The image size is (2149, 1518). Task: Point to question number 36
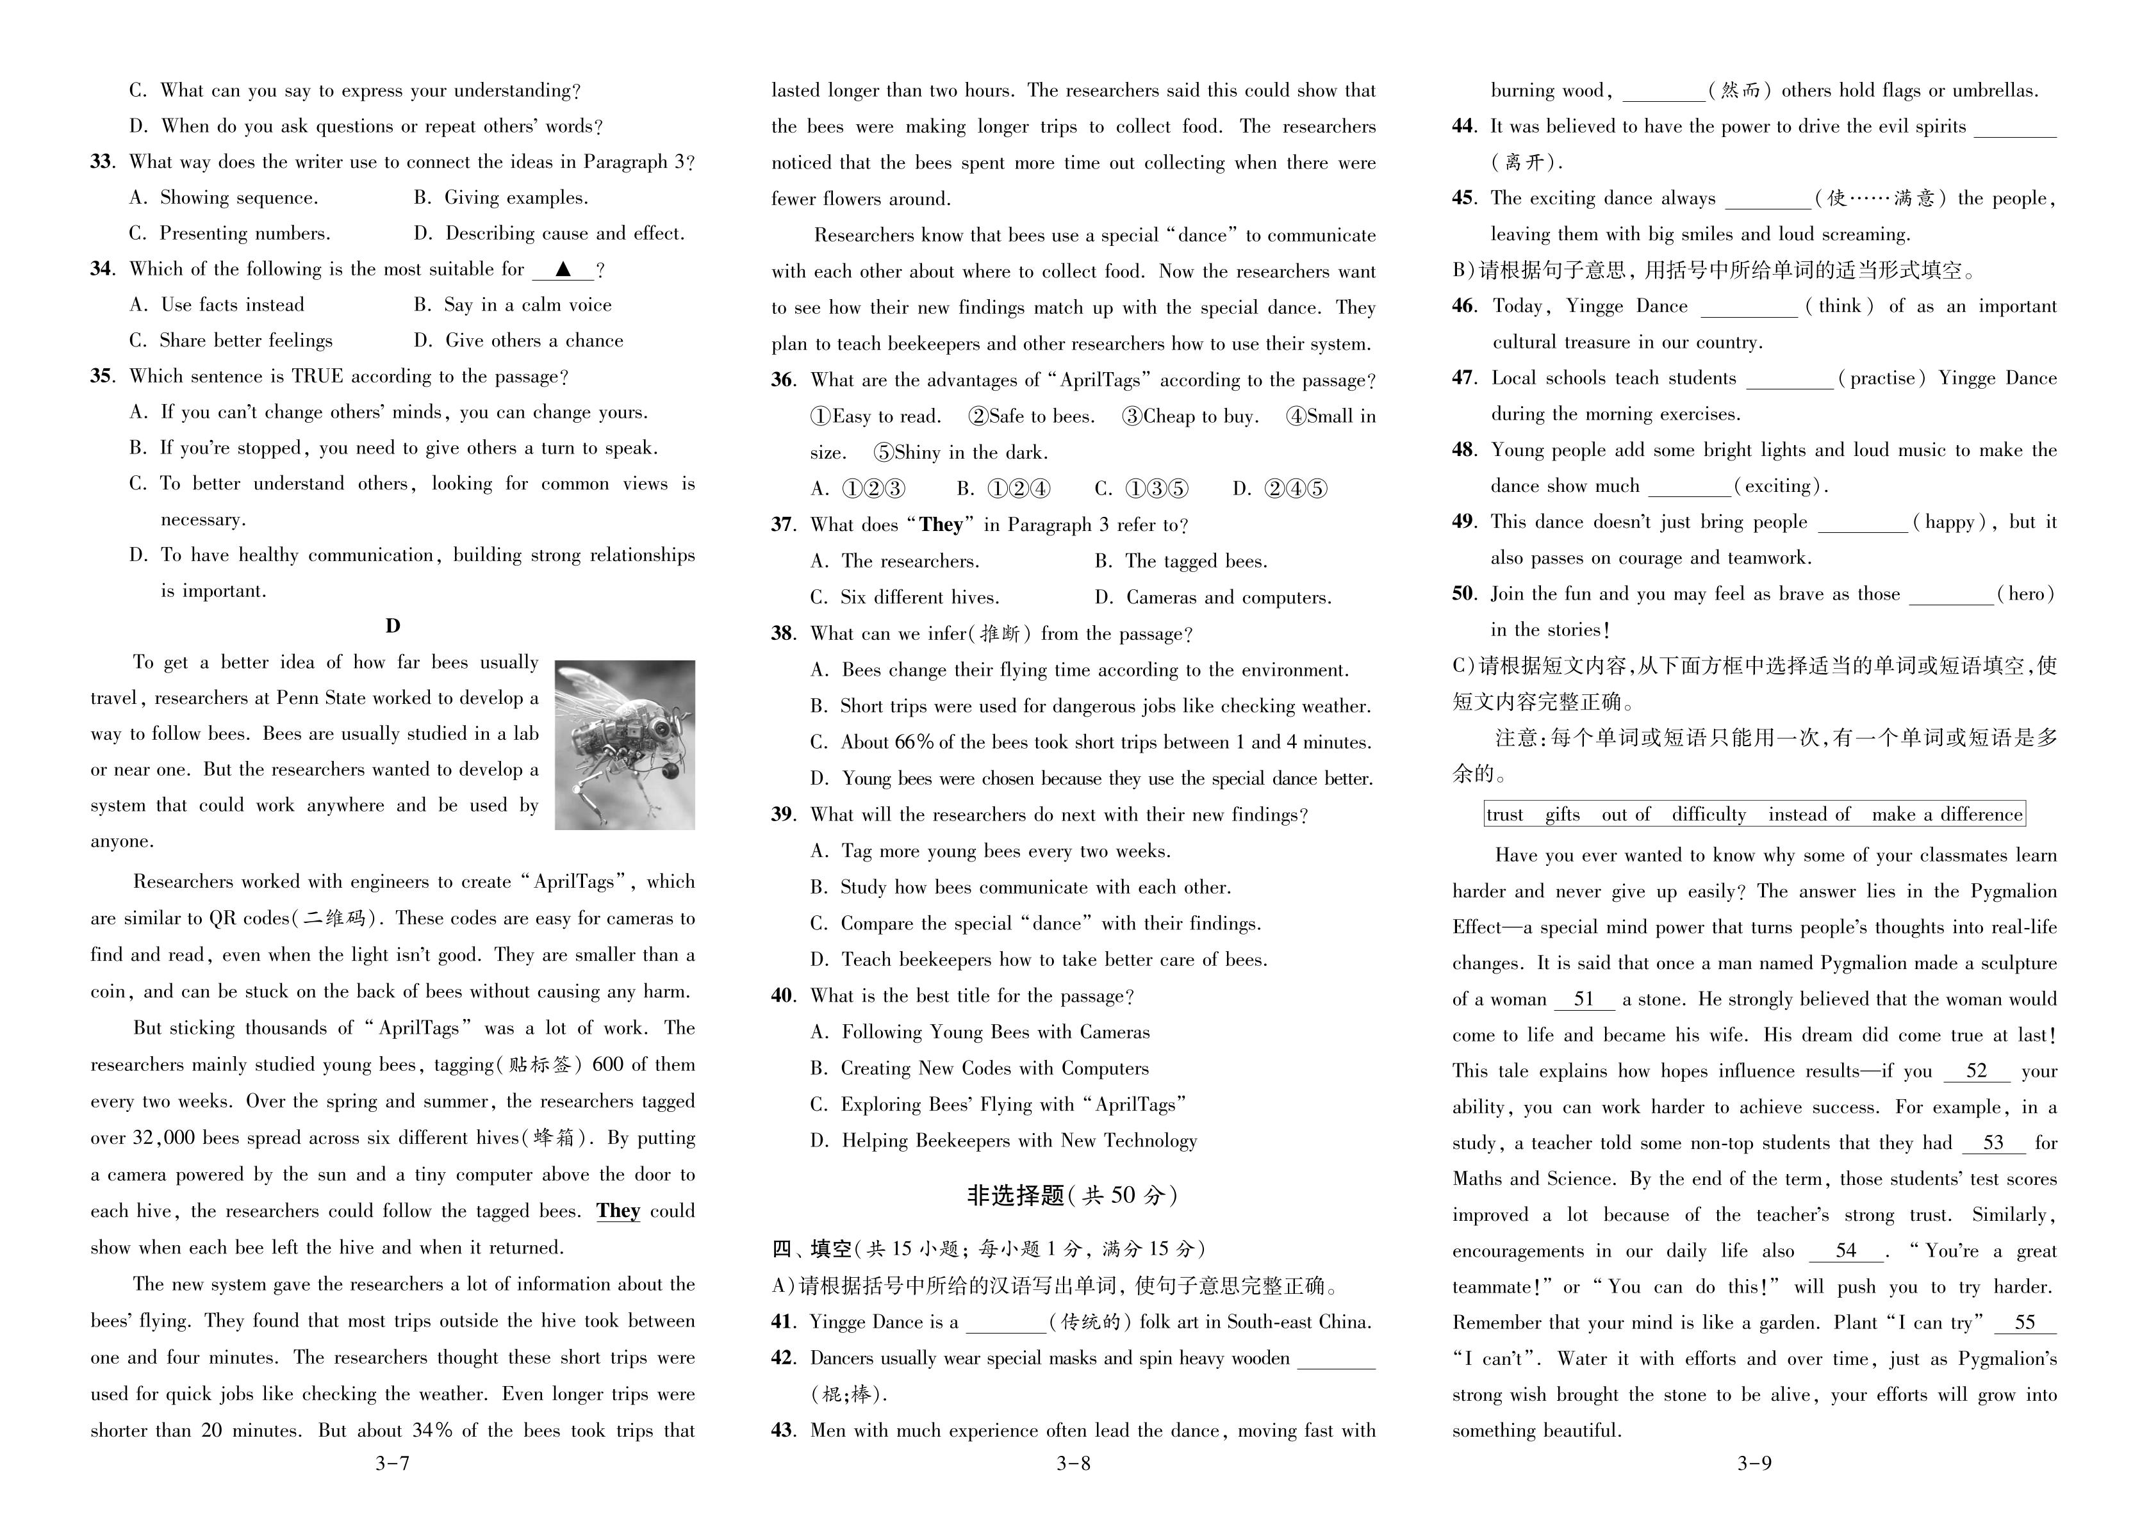point(784,380)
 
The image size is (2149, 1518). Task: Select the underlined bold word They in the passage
point(618,1211)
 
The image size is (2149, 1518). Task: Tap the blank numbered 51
point(1584,1000)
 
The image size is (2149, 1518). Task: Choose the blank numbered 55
point(2025,1323)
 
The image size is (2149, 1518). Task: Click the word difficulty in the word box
point(1708,814)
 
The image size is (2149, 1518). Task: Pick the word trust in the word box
point(1505,814)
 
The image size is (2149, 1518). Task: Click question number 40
point(784,996)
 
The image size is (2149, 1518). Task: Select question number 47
point(1464,378)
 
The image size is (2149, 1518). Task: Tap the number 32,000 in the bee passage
point(164,1138)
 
